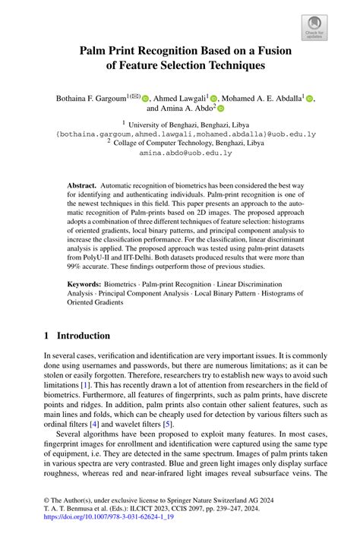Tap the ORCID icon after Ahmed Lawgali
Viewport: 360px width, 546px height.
point(213,98)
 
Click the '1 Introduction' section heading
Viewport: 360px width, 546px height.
point(77,336)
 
